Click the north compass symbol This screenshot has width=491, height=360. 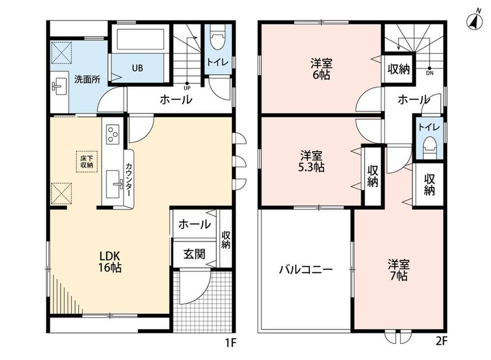click(x=474, y=22)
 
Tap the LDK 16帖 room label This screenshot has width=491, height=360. click(x=110, y=262)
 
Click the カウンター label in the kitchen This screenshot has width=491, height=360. click(x=128, y=180)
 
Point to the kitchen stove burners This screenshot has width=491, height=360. click(x=113, y=135)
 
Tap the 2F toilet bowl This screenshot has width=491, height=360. click(x=429, y=148)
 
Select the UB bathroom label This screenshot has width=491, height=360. click(x=137, y=68)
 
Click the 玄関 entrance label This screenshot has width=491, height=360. click(x=194, y=254)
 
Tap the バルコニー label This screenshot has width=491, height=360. click(x=306, y=270)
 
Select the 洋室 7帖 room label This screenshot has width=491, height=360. click(x=399, y=270)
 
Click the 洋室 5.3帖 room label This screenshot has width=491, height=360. click(x=311, y=161)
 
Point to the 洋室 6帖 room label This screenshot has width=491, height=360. click(x=321, y=69)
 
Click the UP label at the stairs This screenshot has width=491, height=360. click(x=187, y=88)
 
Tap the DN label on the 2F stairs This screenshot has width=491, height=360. click(x=430, y=73)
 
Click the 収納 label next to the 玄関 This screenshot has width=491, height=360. click(x=226, y=240)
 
